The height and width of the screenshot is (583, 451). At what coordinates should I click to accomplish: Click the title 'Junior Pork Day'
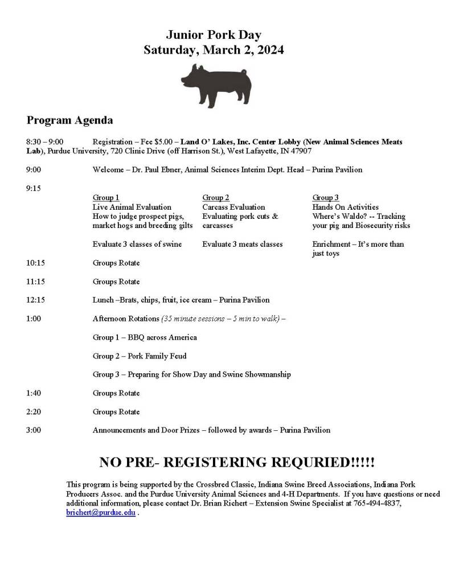pos(214,35)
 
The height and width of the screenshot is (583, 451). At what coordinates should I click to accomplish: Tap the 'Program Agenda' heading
pos(69,120)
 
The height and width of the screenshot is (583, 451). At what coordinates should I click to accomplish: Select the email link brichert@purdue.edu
pos(101,512)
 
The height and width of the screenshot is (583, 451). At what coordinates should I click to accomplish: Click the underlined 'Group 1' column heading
pos(106,198)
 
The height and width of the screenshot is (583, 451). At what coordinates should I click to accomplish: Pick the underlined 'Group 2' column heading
pos(216,198)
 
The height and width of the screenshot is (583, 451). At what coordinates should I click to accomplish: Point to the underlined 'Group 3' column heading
pos(326,198)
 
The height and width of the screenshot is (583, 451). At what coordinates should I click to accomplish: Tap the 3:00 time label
pos(33,430)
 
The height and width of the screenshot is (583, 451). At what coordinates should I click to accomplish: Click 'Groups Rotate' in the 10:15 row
pos(116,263)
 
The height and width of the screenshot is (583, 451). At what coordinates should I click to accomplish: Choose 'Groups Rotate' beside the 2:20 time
pos(116,412)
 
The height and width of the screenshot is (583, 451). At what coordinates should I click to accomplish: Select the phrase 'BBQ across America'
pos(162,337)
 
